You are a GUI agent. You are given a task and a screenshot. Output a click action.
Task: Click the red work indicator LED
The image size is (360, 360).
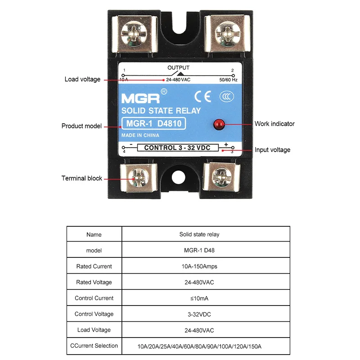(x=219, y=123)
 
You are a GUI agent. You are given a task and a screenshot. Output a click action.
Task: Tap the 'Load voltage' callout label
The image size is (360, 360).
(x=82, y=80)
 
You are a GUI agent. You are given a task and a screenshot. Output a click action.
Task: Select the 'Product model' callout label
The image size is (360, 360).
(x=81, y=126)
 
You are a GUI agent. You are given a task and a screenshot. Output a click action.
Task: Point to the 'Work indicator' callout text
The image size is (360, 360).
(x=274, y=124)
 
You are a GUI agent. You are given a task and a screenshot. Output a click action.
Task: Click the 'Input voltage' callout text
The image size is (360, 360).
(x=273, y=150)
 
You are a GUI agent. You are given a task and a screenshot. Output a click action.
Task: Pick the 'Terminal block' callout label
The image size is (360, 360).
(x=82, y=178)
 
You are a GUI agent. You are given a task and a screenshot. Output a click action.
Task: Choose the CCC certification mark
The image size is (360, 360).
(x=225, y=96)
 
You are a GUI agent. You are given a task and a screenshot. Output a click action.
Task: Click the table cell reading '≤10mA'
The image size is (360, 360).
(x=199, y=298)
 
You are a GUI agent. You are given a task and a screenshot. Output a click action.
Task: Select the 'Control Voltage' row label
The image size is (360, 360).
(x=94, y=314)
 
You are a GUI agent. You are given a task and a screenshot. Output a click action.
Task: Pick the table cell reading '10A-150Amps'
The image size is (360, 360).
(x=199, y=266)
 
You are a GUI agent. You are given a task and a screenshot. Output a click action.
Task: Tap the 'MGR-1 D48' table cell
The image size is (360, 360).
(x=199, y=250)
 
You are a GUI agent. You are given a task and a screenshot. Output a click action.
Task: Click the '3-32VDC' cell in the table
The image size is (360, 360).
(x=199, y=314)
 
